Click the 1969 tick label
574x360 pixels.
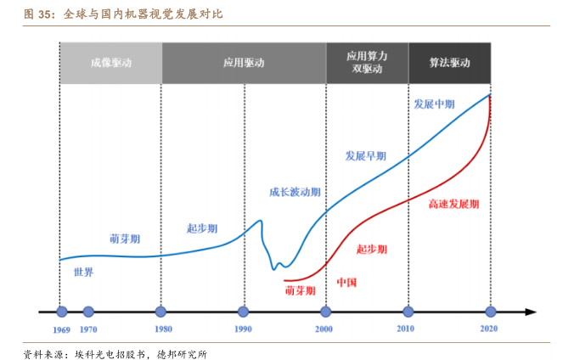click(61, 329)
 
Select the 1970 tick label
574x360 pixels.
click(88, 329)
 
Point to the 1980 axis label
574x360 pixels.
click(162, 329)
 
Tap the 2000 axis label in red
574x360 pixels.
click(324, 329)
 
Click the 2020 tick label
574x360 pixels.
click(489, 329)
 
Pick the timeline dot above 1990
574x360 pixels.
click(244, 312)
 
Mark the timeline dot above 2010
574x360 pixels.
click(408, 312)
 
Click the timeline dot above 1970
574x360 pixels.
click(88, 312)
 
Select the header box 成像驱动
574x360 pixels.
click(110, 62)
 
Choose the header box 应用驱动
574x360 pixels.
click(244, 62)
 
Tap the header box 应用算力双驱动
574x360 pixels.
click(367, 62)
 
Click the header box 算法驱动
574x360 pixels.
click(449, 62)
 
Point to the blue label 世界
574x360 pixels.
click(83, 273)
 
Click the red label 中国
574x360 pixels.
click(346, 282)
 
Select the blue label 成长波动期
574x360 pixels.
click(295, 192)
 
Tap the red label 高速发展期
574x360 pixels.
click(453, 205)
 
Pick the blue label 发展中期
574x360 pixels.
click(434, 104)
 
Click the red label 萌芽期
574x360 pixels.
click(300, 290)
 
